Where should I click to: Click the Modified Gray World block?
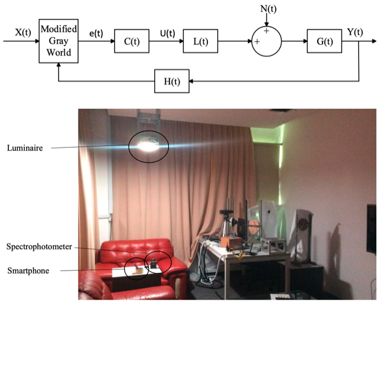58,41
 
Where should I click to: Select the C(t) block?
131,41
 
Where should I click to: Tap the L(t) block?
200,41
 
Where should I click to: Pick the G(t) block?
324,41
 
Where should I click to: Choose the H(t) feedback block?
172,80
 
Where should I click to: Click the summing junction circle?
266,41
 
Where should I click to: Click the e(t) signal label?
96,34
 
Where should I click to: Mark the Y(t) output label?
355,32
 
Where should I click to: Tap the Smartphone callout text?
28,271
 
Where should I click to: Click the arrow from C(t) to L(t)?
166,41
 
